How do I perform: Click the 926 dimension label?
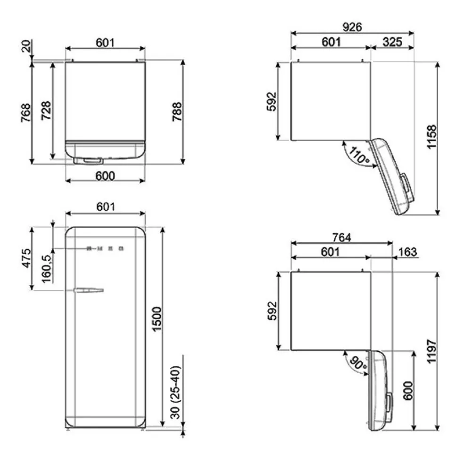point(352,27)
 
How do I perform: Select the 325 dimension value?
point(392,42)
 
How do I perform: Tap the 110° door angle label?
point(359,155)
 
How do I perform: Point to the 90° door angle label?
point(358,363)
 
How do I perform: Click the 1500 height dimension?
point(157,319)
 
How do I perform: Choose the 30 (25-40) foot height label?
point(175,392)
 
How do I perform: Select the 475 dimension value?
point(26,258)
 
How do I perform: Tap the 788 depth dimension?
point(177,112)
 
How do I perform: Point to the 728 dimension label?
point(46,111)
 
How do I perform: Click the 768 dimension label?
point(26,112)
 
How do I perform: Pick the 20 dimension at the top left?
point(26,46)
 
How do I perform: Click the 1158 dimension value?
point(432,137)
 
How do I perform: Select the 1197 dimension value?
point(432,351)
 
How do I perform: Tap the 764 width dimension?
point(342,237)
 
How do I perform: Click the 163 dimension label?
point(407,252)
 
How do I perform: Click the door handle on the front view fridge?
point(89,290)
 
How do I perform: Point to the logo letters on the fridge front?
point(105,249)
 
